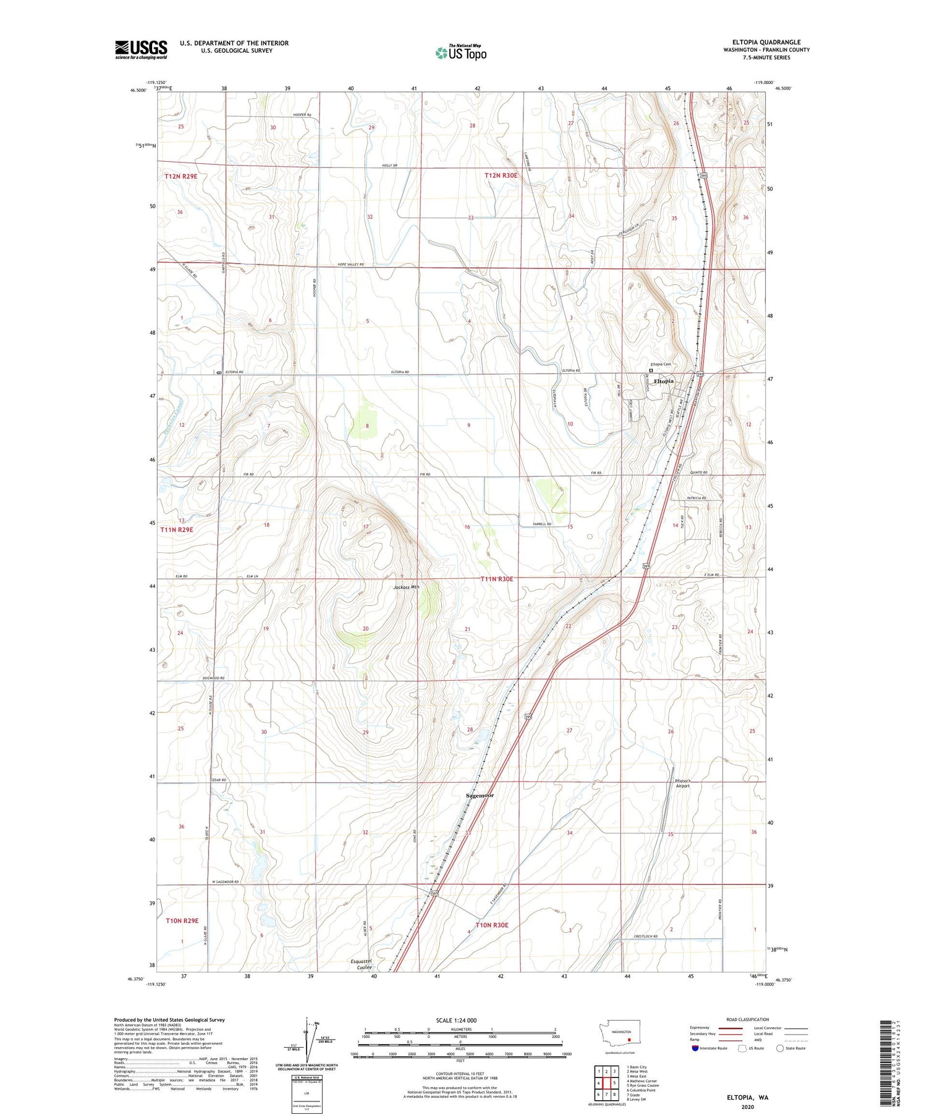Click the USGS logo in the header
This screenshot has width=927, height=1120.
tap(141, 49)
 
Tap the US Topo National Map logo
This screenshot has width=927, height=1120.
tap(461, 53)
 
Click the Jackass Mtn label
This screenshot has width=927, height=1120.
tap(406, 587)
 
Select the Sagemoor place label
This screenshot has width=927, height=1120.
tap(480, 795)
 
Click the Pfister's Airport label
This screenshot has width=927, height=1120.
tap(682, 783)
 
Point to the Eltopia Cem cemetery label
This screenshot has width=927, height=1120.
tap(659, 364)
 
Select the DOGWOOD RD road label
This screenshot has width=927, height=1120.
tap(213, 678)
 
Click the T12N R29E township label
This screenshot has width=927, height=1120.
tap(181, 176)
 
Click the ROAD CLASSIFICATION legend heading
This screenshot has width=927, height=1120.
tap(748, 1019)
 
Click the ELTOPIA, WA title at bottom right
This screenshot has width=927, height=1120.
tap(747, 1097)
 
